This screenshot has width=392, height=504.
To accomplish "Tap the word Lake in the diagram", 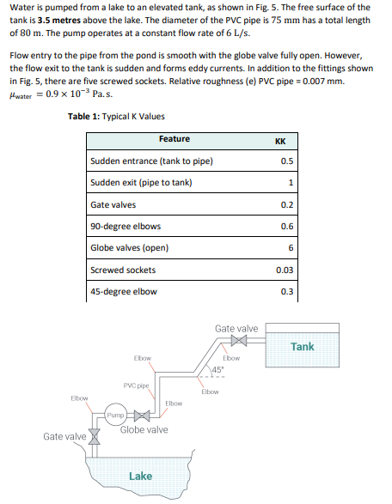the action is point(141,476).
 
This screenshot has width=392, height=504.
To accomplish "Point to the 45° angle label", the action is point(220,371).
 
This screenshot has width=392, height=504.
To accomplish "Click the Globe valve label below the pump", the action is point(144,430).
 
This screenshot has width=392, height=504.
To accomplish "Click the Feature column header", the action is point(175,139).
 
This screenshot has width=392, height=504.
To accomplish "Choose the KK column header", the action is point(279,140).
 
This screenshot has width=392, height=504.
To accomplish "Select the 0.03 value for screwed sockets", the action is point(287,270).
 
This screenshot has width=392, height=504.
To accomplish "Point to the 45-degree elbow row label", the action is point(124,291).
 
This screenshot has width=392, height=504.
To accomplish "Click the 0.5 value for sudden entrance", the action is point(288,161).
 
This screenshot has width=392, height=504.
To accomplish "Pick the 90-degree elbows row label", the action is point(126,226).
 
